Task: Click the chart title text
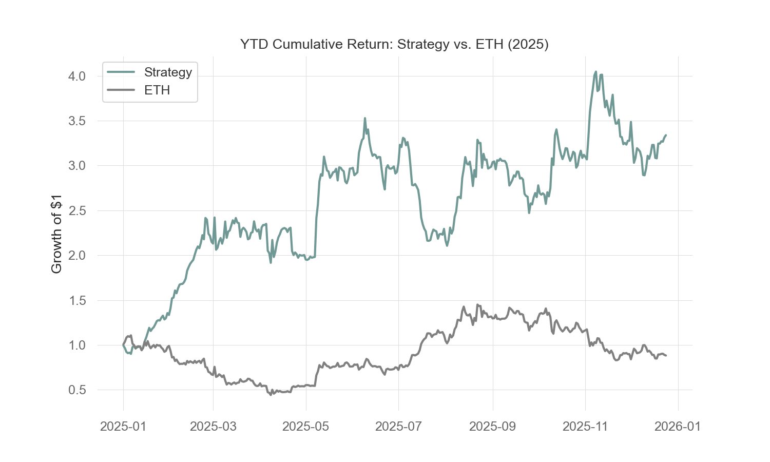point(394,44)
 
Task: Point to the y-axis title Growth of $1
point(56,234)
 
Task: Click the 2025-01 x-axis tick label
point(123,427)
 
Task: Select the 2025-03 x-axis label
point(213,427)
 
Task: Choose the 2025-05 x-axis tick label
point(306,427)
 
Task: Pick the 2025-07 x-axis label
point(399,427)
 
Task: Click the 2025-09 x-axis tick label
point(493,427)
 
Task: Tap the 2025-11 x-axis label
point(586,427)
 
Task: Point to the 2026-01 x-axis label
point(679,427)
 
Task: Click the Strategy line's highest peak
point(595,72)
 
